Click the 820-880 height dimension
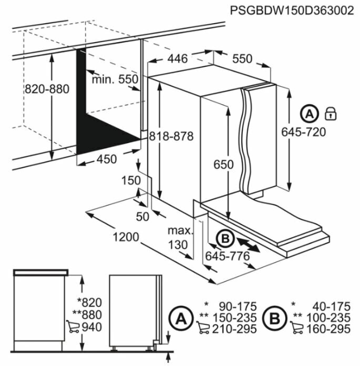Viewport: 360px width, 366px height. point(47,89)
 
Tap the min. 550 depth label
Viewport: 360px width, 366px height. point(115,79)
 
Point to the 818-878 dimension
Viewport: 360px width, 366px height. point(171,136)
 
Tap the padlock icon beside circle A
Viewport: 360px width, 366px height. point(331,113)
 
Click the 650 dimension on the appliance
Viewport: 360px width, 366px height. point(223,165)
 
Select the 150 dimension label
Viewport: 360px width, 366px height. point(130,181)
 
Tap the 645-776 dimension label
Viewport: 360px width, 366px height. point(227,256)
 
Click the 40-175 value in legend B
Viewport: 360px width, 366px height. point(327,306)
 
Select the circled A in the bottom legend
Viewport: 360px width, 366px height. point(180,318)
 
